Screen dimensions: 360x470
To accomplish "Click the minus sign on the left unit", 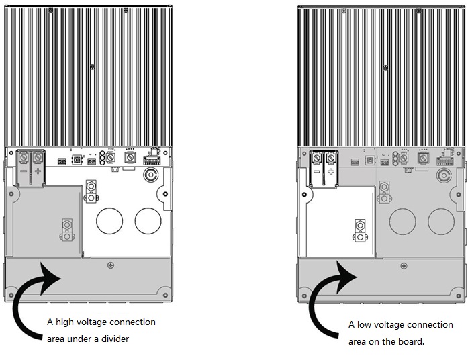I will [24, 172].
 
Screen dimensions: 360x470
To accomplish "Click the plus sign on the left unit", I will [39, 172].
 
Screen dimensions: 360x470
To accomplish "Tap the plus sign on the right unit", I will [331, 172].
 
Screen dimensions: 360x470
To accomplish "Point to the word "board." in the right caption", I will [411, 341].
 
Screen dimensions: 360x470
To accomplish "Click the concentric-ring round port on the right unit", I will [442, 176].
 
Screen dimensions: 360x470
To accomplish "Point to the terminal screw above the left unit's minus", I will [24, 159].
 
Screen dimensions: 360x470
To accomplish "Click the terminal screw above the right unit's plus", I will [331, 159].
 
